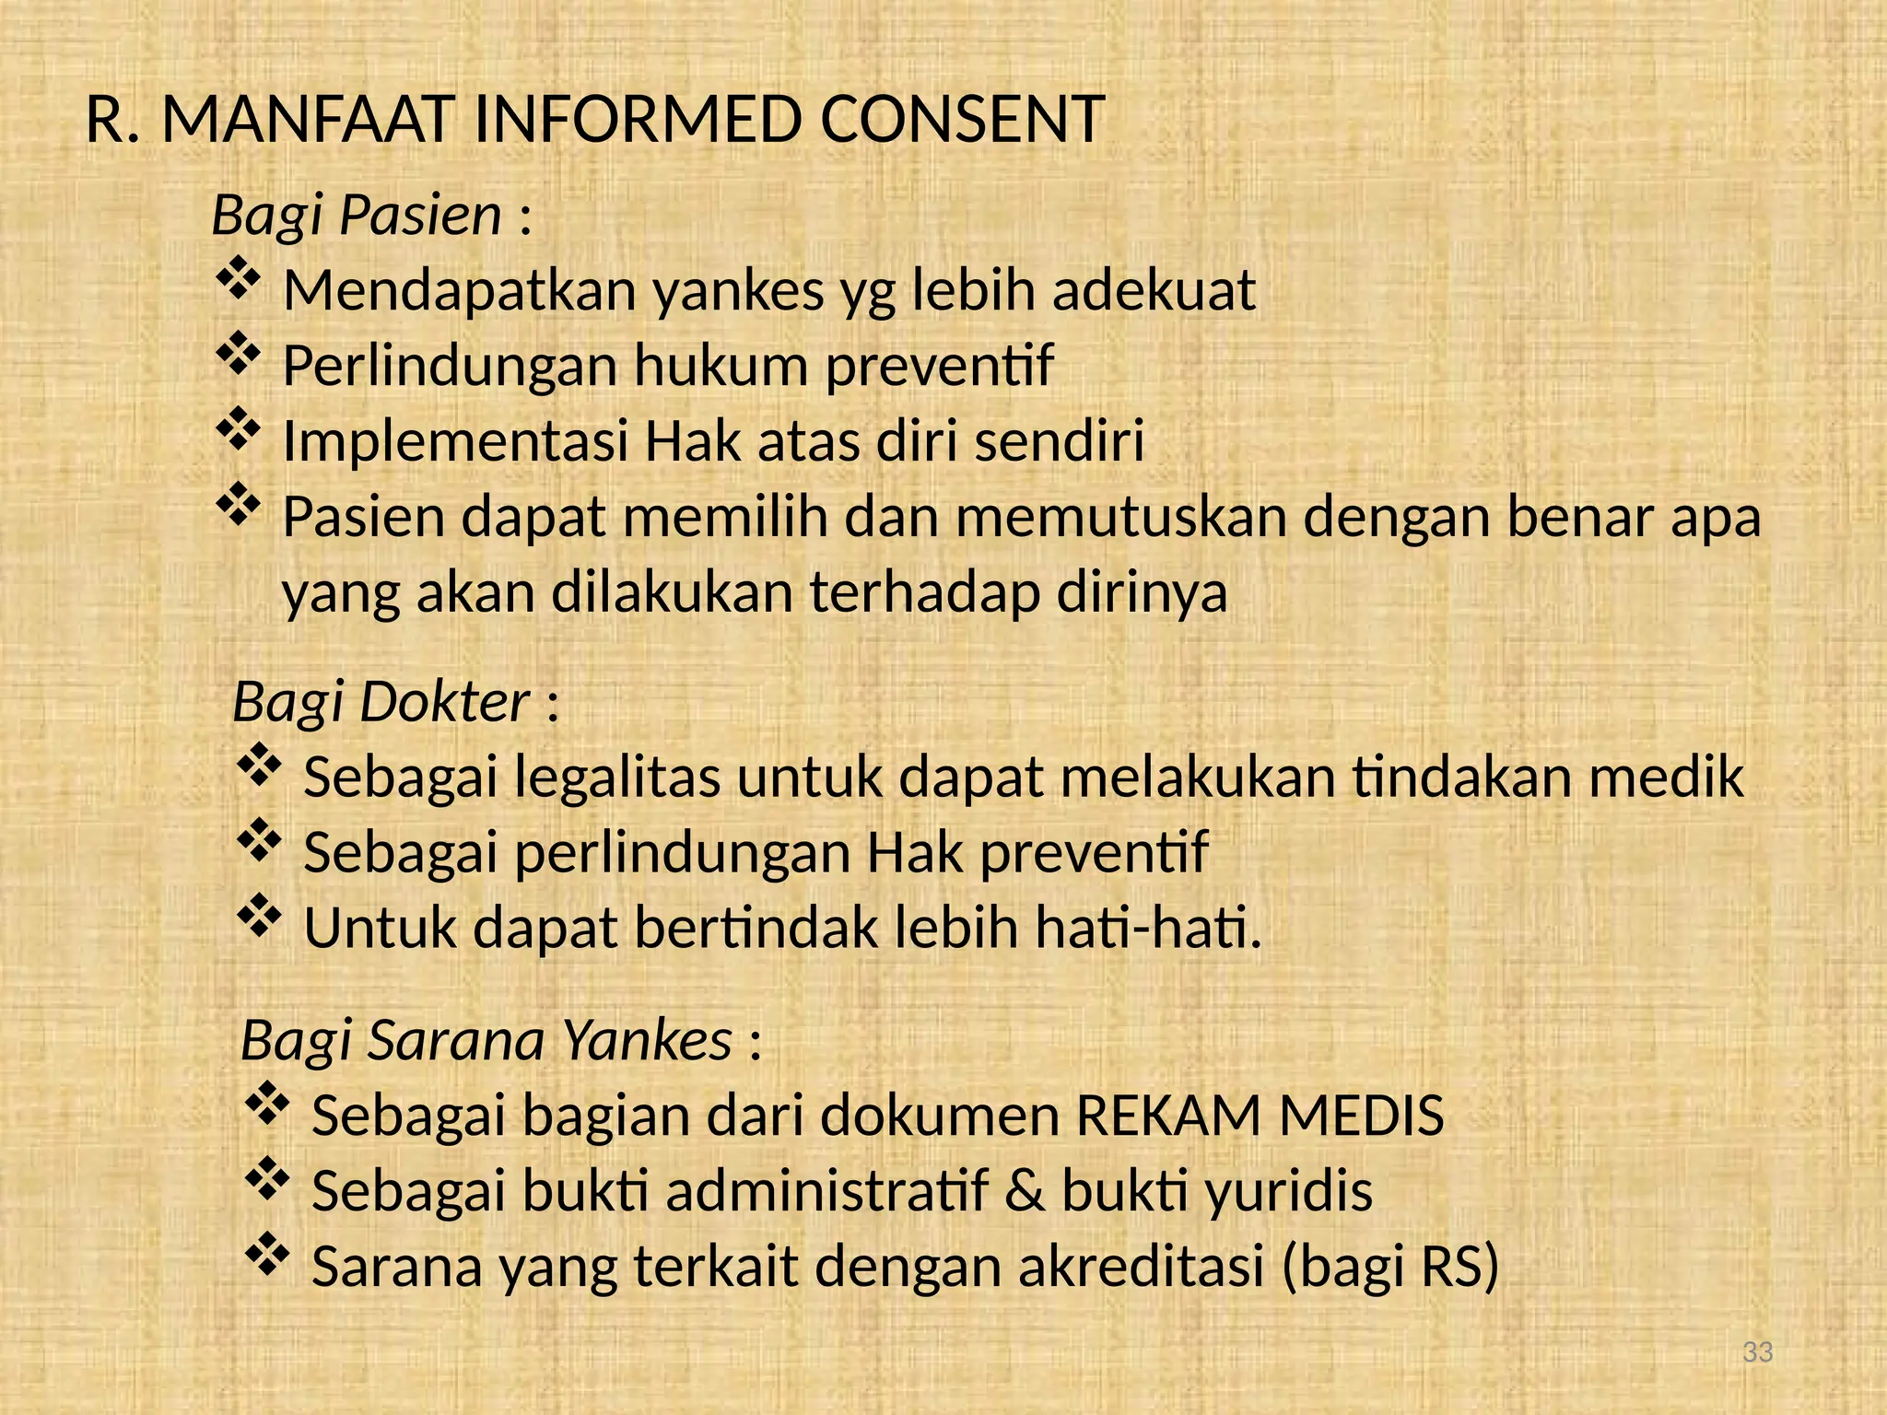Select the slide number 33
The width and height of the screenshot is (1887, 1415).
pos(1758,1352)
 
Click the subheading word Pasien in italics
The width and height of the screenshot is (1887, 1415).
pos(420,216)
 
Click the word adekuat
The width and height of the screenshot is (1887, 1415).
pos(1154,290)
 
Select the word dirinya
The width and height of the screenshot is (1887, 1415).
pos(1142,592)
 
